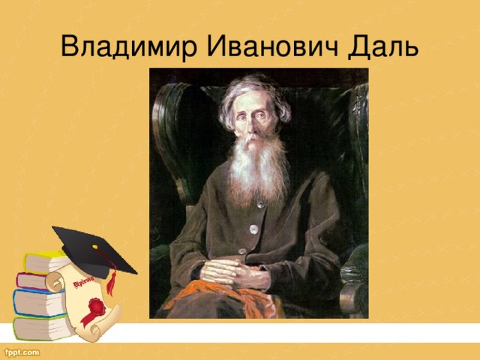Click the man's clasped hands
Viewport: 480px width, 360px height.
(232, 270)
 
